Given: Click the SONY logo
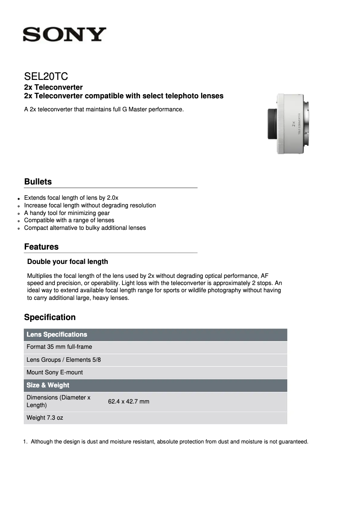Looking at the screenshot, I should [65, 35].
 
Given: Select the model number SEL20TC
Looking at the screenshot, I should [46, 76].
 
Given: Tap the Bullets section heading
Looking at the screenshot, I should [38, 182].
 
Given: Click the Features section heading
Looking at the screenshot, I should [41, 247].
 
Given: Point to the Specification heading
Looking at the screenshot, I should [50, 317].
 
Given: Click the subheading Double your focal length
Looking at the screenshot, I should [67, 262].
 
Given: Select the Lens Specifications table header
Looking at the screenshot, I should [57, 334].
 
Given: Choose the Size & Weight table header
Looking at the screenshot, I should [48, 385].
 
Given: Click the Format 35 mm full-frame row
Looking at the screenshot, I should [59, 347].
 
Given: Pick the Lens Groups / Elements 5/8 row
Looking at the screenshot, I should [64, 360].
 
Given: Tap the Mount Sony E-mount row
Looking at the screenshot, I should [55, 372].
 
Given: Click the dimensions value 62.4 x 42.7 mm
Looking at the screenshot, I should [128, 401].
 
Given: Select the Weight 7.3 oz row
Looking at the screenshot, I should [45, 418].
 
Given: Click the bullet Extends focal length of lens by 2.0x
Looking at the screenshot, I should [71, 197].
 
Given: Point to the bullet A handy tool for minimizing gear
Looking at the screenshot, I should [67, 213].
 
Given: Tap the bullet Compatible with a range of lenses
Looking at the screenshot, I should [69, 220].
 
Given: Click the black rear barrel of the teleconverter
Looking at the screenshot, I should [272, 124].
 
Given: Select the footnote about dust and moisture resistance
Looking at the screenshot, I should [169, 442].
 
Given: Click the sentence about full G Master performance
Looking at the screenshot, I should [104, 109].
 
